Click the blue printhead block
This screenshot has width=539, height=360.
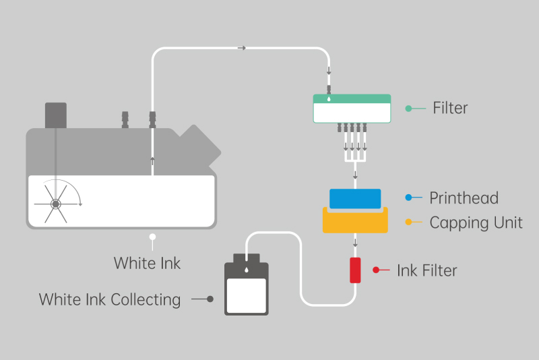[x=355, y=198]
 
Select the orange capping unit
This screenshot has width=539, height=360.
[x=355, y=222]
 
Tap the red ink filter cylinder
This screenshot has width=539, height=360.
[x=355, y=270]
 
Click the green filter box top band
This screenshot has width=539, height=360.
[x=352, y=98]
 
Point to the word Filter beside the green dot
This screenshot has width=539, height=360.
[x=450, y=108]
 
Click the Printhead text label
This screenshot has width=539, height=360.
[x=464, y=198]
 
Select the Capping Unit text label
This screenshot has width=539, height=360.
[x=476, y=222]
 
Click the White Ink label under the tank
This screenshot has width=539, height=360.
[x=147, y=263]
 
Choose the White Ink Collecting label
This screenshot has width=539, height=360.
[x=110, y=299]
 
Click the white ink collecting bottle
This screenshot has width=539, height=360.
[x=246, y=290]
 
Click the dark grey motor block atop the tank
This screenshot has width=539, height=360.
[x=55, y=115]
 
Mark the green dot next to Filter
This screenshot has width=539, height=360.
[x=408, y=108]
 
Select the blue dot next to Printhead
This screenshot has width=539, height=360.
[x=408, y=198]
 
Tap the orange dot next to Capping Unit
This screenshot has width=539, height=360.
[x=408, y=222]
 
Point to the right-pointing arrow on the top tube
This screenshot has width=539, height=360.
[x=242, y=48]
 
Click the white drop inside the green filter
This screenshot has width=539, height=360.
[x=329, y=98]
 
